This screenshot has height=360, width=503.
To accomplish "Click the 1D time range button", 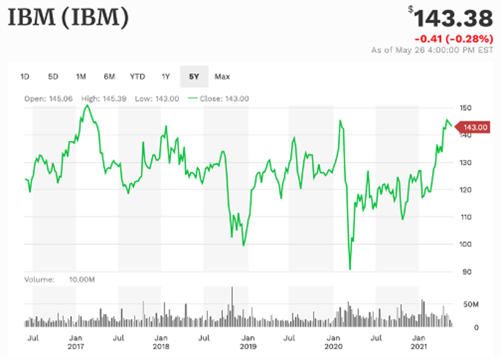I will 25,77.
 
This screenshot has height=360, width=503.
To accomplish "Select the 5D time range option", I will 53,77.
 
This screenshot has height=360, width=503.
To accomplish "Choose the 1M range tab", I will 81,77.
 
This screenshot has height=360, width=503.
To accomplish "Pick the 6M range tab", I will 109,77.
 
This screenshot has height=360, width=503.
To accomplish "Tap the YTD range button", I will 138,77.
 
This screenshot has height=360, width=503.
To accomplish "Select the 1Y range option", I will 166,77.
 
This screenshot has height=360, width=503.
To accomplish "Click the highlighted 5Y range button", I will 194,77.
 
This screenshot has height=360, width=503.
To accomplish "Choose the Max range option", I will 222,77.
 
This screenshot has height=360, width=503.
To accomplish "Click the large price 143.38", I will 453,19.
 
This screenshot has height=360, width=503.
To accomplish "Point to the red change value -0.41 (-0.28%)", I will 454,39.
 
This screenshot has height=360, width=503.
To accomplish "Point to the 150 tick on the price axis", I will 466,108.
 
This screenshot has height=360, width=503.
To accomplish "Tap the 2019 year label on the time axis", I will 248,347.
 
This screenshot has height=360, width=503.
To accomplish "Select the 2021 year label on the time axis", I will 419,347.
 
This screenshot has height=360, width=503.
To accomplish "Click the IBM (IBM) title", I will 69,19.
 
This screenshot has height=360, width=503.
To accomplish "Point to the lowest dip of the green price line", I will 350,269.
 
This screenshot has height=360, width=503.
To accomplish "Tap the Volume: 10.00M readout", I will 60,280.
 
